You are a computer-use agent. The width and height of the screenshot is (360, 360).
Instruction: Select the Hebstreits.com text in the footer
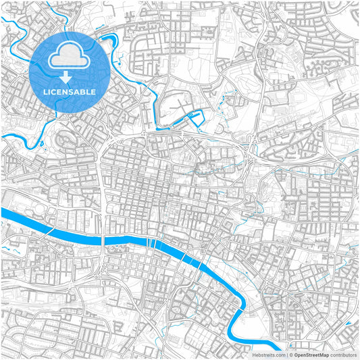pyautogui.click(x=268, y=354)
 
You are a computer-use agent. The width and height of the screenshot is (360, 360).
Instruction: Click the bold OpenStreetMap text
pyautogui.click(x=308, y=354)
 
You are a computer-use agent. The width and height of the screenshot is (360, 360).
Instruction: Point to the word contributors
pyautogui.click(x=343, y=354)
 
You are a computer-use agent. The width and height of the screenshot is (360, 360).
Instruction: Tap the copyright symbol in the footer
pyautogui.click(x=291, y=354)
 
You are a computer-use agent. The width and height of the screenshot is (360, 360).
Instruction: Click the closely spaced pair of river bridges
pyautogui.click(x=154, y=244)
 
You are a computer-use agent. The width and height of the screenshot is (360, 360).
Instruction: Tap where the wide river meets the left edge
pyautogui.click(x=3, y=213)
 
